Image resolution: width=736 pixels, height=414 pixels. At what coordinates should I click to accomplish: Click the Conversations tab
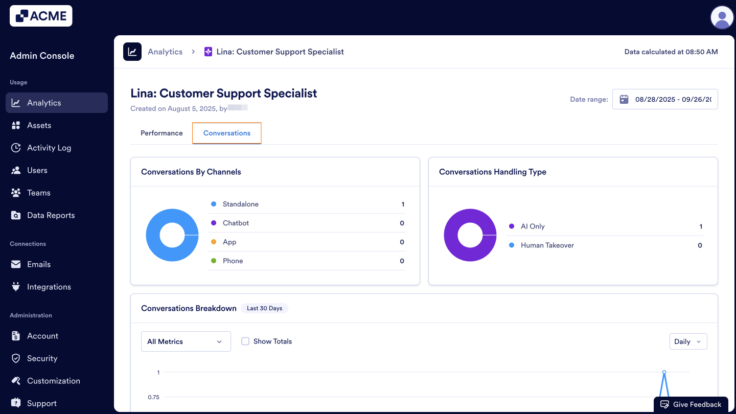227,133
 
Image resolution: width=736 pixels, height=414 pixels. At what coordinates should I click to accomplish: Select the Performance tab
162,133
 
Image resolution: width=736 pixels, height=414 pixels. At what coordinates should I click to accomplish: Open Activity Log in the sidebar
49,148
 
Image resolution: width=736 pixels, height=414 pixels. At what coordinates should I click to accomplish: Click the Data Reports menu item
51,215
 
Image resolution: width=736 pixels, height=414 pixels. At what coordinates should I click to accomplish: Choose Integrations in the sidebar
49,287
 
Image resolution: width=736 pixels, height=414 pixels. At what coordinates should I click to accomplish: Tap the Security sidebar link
42,358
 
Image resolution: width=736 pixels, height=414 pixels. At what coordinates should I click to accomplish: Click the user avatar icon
722,18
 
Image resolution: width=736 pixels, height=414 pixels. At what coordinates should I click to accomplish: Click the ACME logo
41,16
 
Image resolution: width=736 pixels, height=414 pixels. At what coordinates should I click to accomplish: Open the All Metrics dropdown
186,341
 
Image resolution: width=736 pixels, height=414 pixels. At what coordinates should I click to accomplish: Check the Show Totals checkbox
245,341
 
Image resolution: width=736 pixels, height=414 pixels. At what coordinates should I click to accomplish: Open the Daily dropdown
688,341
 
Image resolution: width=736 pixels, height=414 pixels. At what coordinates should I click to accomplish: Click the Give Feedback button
691,404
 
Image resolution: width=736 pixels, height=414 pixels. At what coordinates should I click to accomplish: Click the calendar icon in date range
624,99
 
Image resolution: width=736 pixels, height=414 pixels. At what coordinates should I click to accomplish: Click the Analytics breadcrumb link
165,52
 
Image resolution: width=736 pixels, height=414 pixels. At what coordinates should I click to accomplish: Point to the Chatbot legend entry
236,223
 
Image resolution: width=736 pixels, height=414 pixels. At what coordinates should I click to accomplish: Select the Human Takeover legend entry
547,245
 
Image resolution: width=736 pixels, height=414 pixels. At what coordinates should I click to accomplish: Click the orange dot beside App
214,242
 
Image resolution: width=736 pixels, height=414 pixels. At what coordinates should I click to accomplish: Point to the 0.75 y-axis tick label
154,397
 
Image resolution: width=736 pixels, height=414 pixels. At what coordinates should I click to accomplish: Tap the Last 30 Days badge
264,308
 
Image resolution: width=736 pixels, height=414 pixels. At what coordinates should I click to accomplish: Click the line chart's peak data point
664,372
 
